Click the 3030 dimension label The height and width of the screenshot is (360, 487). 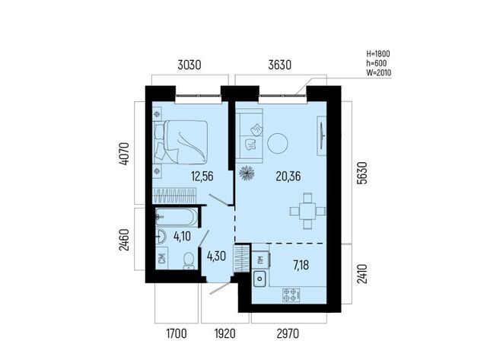[189, 65]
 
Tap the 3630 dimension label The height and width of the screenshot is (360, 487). [280, 65]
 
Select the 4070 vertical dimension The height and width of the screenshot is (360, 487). [124, 154]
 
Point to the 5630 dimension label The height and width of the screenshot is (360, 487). [362, 173]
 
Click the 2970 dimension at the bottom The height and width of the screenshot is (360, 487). [288, 333]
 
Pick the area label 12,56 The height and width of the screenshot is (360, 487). [202, 177]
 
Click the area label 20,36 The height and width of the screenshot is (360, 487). [288, 177]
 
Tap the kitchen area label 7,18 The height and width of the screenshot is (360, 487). [301, 266]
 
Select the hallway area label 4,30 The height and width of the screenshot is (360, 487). [216, 256]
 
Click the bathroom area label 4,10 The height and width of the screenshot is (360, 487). [182, 237]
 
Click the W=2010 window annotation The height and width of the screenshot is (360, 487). [378, 73]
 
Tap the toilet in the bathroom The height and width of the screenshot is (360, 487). [188, 261]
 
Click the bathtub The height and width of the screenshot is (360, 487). [177, 216]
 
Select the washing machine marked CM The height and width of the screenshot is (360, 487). [161, 259]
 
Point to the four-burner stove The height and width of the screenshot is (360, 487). [291, 295]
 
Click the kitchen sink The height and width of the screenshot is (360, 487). [259, 279]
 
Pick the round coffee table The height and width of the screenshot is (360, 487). [277, 143]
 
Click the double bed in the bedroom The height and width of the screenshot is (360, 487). [181, 142]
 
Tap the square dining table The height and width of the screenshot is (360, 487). [307, 212]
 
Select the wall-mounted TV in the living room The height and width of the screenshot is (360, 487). [322, 135]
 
